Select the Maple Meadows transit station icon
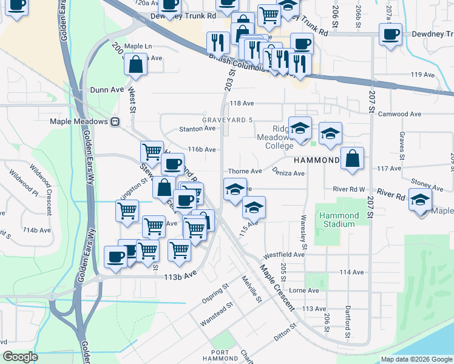[x=115, y=121]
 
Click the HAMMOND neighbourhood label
[x=316, y=160]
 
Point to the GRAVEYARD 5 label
[x=227, y=120]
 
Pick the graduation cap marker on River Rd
[x=421, y=200]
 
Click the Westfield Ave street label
[x=283, y=255]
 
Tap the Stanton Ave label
[x=197, y=129]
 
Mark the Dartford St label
[x=347, y=321]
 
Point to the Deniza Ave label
[x=288, y=173]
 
